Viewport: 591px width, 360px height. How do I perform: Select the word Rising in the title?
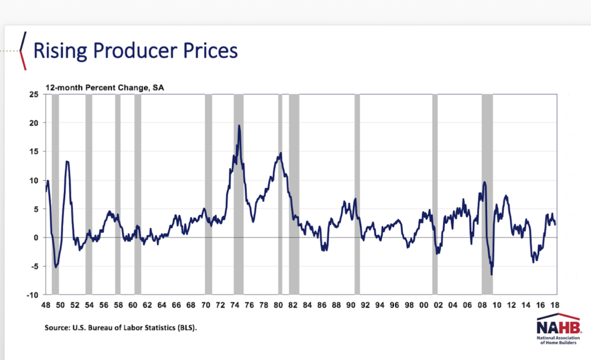point(57,51)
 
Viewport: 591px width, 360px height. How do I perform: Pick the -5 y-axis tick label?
point(34,266)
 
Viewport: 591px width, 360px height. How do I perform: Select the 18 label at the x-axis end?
point(555,305)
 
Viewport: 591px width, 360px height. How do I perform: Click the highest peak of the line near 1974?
point(239,125)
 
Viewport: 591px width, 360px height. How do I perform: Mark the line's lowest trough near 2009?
point(492,274)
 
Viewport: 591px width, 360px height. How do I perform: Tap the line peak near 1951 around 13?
point(67,161)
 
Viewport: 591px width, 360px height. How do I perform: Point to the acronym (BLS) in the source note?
point(184,328)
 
